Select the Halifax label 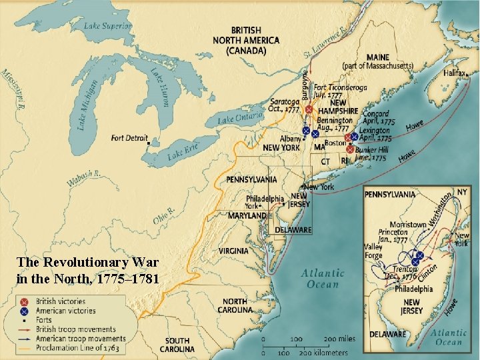[451, 73]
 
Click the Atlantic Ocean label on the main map [323, 278]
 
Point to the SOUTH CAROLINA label [177, 345]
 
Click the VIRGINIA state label [233, 251]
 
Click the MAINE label [377, 58]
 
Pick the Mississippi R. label [13, 89]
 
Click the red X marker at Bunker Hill [351, 150]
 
